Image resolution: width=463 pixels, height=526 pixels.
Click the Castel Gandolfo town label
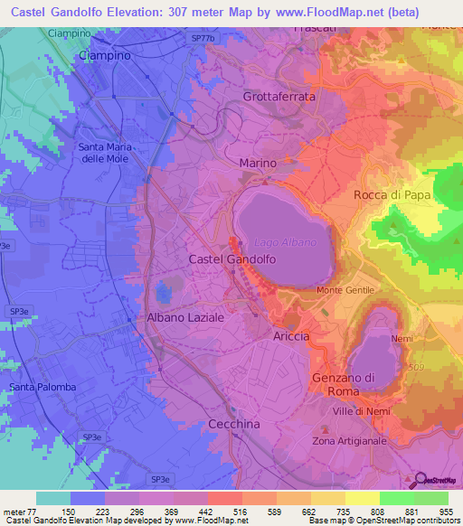point(231,259)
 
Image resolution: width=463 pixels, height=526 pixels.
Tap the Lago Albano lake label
point(285,242)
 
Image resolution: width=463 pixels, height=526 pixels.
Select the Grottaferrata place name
point(279,96)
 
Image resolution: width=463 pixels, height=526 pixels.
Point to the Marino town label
point(258,163)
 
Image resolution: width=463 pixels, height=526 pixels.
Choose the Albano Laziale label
point(185,318)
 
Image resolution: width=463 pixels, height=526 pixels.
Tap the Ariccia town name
point(290,335)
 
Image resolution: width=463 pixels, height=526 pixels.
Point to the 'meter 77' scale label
point(20,511)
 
